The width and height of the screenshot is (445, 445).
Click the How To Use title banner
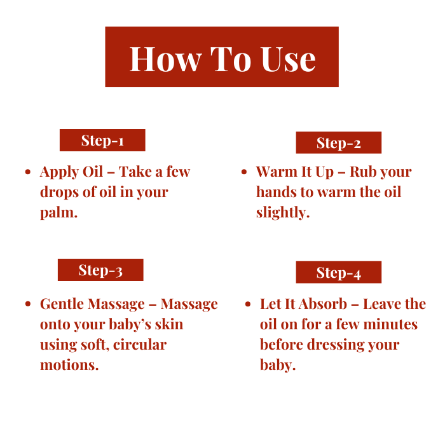222,57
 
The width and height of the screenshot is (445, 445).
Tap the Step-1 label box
102,140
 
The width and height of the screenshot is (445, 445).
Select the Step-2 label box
339,142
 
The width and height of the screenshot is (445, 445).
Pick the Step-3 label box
100,270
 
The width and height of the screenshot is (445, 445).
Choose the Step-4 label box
339,272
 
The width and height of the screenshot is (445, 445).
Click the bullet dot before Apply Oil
28,172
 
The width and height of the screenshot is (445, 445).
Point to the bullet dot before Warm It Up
244,172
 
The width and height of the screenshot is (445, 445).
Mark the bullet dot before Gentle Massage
28,304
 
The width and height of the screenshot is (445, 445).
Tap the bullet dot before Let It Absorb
248,304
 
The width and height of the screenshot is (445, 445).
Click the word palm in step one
58,212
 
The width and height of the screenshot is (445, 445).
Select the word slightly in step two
283,212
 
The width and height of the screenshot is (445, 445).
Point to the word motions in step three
69,365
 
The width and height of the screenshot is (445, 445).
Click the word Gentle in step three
62,304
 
